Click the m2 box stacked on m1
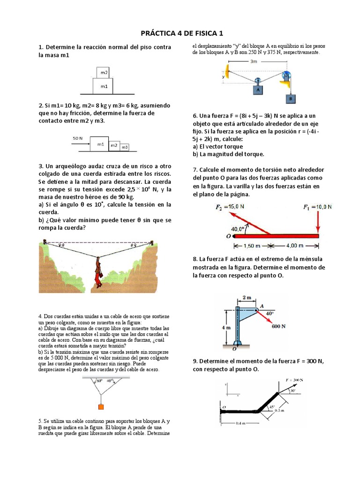104,73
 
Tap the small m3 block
124,147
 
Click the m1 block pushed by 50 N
100,144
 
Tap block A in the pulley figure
257,89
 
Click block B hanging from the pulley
290,99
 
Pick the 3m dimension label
254,61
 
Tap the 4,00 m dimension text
296,246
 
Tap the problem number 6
195,116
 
